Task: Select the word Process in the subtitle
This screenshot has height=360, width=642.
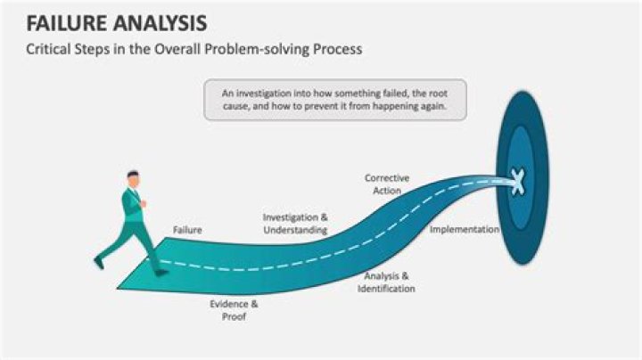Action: [335, 49]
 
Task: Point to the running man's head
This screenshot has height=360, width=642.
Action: [133, 178]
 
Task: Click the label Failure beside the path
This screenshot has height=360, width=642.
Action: [187, 230]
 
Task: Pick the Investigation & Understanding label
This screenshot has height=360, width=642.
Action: [295, 224]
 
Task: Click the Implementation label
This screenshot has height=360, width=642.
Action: [464, 229]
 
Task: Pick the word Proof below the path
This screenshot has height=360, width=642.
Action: [234, 316]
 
